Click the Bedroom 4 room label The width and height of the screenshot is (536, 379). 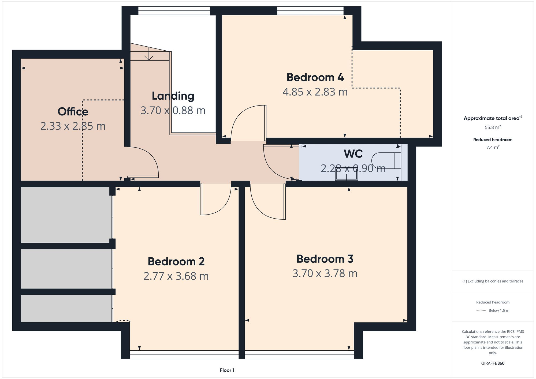point(315,77)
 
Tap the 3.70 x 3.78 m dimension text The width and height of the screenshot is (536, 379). point(325,273)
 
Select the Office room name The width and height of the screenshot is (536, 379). point(73,112)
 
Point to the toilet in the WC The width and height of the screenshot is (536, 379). point(386,161)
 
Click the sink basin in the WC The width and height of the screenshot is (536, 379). point(347,175)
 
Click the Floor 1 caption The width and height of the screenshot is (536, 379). point(227,370)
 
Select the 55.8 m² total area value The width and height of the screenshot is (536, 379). point(493,127)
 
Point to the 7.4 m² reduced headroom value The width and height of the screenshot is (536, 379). point(493,148)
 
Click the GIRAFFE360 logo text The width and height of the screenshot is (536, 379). point(493,363)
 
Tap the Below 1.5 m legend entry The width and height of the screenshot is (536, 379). point(498,311)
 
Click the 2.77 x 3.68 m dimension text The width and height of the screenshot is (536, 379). point(176,276)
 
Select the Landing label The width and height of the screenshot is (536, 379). point(173,96)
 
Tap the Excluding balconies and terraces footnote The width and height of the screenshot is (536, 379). point(493,281)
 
